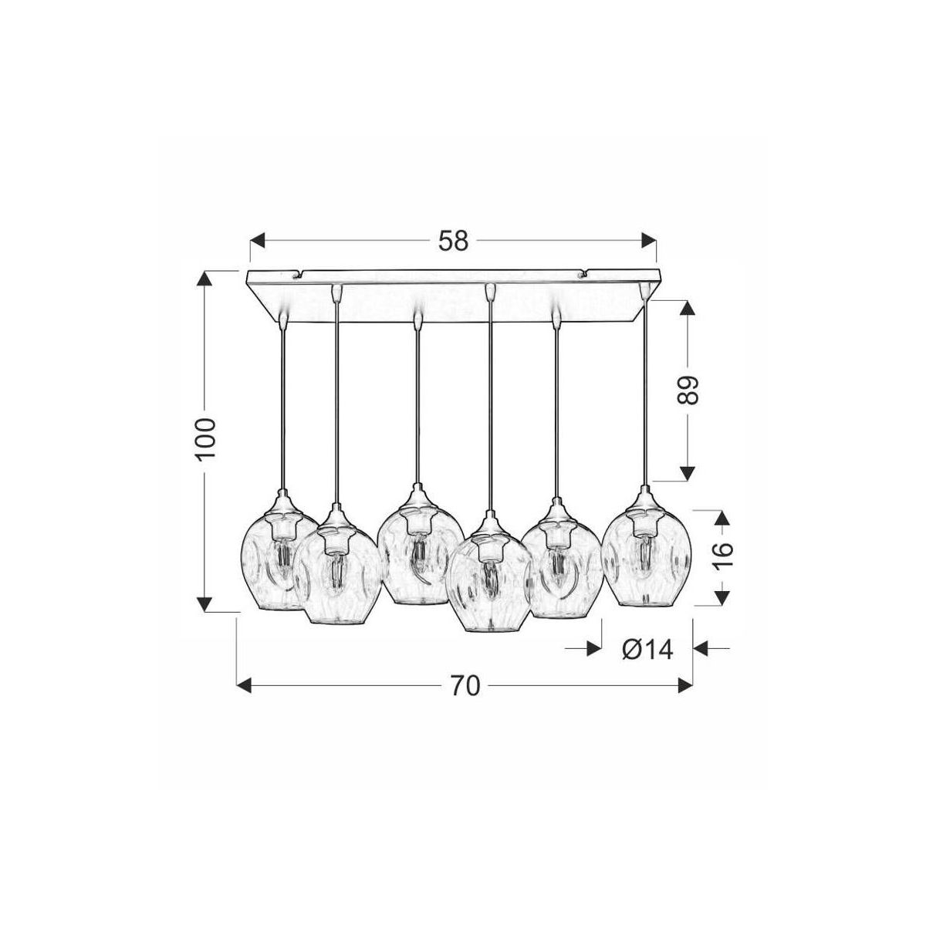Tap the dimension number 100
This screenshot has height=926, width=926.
[x=206, y=439]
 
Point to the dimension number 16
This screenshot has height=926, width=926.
[x=722, y=556]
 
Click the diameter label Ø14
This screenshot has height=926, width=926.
[x=647, y=651]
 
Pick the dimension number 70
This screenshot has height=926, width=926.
[x=465, y=686]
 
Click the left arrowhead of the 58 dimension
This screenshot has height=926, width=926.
[x=258, y=240]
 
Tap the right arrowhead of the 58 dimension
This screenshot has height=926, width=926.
[x=649, y=240]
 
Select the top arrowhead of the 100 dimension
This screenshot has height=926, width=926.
[x=205, y=279]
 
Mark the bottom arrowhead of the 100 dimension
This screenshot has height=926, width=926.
[x=205, y=604]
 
